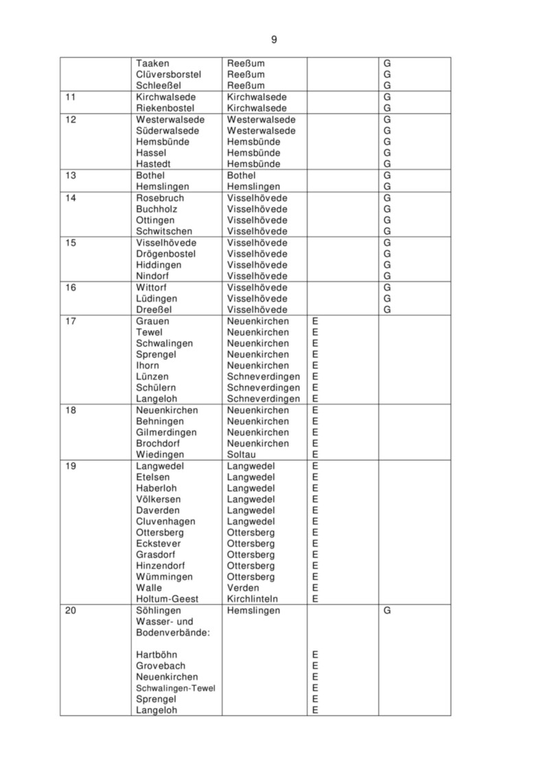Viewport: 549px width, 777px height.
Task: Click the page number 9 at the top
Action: pos(274,40)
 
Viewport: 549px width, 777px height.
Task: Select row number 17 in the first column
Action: pos(71,321)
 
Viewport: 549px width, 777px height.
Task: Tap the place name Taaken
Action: pos(151,63)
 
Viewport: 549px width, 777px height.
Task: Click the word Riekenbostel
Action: pos(165,108)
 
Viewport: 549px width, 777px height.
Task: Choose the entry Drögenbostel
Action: pos(165,254)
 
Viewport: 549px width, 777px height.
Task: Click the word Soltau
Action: pos(241,454)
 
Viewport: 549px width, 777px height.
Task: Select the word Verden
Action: pos(243,588)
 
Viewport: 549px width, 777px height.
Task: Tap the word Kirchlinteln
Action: pos(252,599)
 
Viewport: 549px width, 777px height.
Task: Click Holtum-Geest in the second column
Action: pos(167,599)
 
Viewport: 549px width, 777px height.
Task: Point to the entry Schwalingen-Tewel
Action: pos(175,688)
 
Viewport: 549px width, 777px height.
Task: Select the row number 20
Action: pos(71,610)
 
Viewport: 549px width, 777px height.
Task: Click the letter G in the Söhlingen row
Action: pos(387,610)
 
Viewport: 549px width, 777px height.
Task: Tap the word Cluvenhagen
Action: pos(165,521)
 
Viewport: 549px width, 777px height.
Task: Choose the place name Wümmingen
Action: pos(164,577)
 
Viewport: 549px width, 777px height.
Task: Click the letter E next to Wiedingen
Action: pos(315,454)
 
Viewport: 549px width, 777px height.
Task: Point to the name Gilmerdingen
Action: pos(166,432)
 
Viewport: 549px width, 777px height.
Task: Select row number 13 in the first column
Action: pos(71,176)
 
